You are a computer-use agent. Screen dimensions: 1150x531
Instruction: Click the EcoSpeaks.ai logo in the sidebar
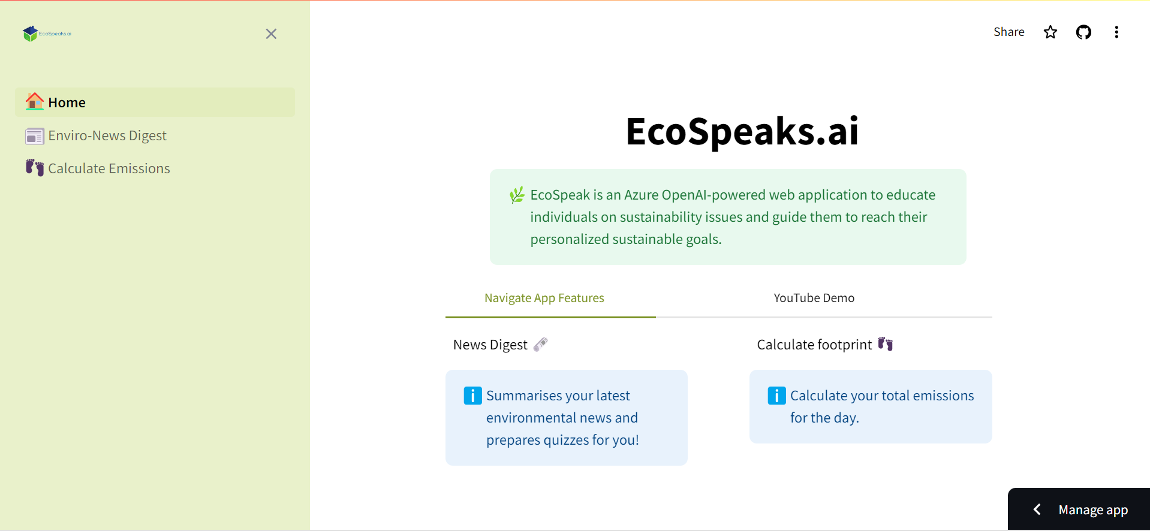(x=47, y=34)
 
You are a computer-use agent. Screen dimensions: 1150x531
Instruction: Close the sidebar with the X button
(x=271, y=34)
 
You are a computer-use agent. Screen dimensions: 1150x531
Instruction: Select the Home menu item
(x=155, y=102)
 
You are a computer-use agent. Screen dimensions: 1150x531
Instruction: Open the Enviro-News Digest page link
(x=107, y=135)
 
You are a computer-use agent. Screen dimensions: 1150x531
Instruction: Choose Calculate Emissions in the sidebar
(x=109, y=168)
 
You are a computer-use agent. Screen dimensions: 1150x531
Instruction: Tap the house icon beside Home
(x=35, y=101)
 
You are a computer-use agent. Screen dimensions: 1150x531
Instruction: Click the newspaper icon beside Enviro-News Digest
(x=35, y=137)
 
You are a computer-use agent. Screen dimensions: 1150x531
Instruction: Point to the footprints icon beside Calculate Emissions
(x=35, y=168)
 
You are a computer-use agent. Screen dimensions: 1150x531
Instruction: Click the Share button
(x=1009, y=32)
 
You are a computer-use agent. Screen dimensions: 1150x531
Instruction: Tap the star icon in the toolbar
(x=1050, y=32)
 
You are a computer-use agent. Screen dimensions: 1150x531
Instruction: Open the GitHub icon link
(x=1083, y=32)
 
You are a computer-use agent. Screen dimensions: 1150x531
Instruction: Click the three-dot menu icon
(x=1116, y=32)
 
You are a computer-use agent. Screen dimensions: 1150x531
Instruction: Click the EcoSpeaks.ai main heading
(x=742, y=131)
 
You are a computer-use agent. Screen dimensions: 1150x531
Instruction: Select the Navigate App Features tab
(x=544, y=298)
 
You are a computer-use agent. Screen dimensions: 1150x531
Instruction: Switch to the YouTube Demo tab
(x=814, y=298)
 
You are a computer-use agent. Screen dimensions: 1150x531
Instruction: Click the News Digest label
(x=490, y=345)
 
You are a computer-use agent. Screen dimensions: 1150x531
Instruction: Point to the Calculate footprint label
(x=814, y=345)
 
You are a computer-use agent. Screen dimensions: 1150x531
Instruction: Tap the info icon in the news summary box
(x=473, y=396)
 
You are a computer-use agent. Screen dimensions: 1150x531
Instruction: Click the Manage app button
(x=1079, y=509)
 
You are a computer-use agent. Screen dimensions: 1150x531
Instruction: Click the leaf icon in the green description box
(x=517, y=195)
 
